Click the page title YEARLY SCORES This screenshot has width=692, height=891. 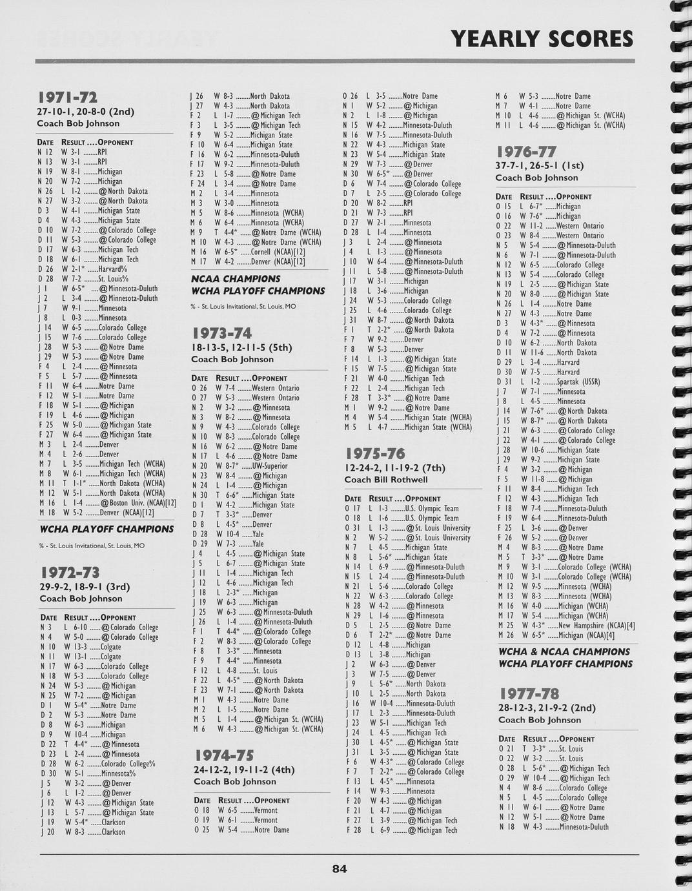542,39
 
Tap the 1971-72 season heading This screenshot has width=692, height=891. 67,98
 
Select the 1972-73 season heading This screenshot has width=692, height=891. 70,573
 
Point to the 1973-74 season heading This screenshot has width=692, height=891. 221,334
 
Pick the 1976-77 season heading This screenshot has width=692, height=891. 525,152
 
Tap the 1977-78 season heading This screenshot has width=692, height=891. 529,695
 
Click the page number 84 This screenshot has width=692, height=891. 340,869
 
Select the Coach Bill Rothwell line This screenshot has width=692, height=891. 386,480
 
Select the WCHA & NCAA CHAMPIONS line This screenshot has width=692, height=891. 564,652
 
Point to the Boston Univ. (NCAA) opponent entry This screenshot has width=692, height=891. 137,503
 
